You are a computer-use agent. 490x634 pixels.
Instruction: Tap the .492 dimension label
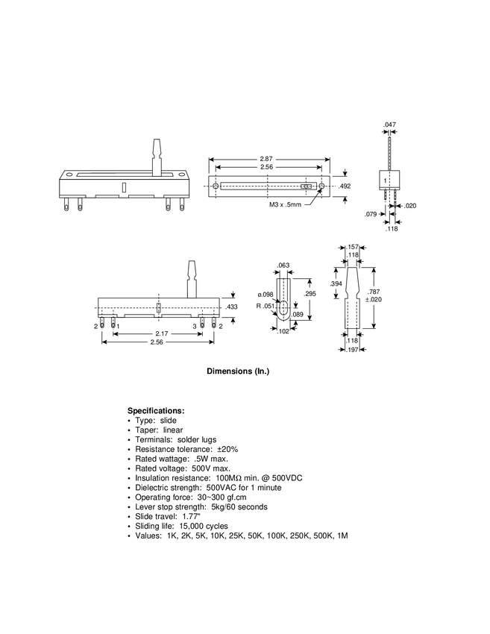345,186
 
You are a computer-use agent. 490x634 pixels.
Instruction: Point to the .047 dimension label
389,125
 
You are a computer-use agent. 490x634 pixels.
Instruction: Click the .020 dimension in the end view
410,206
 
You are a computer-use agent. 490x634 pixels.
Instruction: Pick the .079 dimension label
371,214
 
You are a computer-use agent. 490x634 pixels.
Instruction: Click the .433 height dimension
232,307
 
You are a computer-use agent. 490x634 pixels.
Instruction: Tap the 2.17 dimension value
161,333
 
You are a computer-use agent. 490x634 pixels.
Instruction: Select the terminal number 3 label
195,327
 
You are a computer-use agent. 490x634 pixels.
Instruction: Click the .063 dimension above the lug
283,265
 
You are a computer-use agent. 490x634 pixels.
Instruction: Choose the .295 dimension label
310,294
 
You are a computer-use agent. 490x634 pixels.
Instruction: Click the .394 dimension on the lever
336,284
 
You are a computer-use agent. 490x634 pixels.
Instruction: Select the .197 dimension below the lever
354,349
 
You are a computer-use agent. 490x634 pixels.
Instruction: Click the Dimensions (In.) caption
237,371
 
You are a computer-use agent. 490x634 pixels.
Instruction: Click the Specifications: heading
156,411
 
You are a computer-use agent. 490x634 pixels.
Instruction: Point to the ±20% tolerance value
227,450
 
